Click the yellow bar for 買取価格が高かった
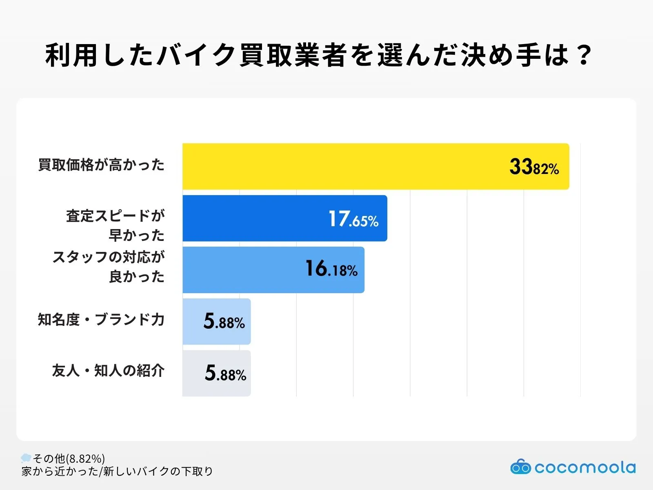375,166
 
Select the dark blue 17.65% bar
284,218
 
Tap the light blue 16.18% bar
273,269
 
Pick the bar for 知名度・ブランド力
216,321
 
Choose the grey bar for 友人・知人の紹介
216,373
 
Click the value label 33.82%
534,167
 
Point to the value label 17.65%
353,219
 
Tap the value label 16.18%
331,269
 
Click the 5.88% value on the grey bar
225,373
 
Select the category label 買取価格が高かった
101,165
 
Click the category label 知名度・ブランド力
101,319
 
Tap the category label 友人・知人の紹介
108,371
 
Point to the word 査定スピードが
115,216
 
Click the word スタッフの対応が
109,257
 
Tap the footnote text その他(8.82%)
69,459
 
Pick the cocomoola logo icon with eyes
520,467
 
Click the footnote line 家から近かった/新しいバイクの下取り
117,471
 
